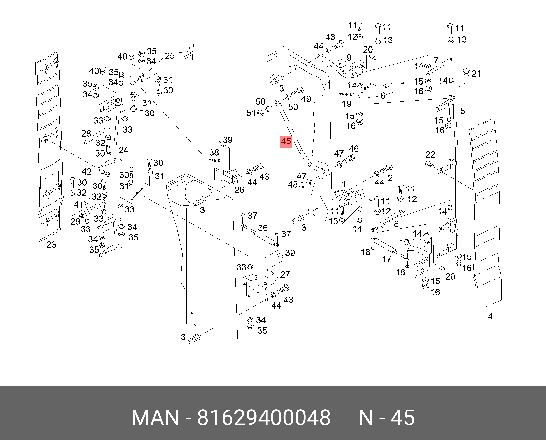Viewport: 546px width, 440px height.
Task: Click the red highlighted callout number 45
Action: (286, 141)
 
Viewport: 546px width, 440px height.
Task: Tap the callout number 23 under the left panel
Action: (51, 245)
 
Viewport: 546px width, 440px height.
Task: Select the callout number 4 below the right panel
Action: (490, 316)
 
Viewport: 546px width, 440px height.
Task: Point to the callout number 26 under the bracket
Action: (239, 190)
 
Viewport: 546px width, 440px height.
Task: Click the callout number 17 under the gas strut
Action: (387, 259)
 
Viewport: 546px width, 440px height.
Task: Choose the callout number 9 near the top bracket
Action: (349, 58)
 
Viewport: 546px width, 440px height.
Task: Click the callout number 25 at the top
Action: (169, 56)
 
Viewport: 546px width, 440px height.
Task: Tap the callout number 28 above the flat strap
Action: (86, 133)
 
